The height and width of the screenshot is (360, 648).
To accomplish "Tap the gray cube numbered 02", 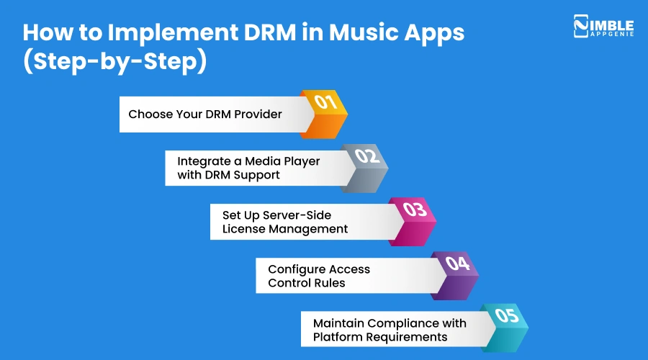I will pyautogui.click(x=366, y=166).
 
